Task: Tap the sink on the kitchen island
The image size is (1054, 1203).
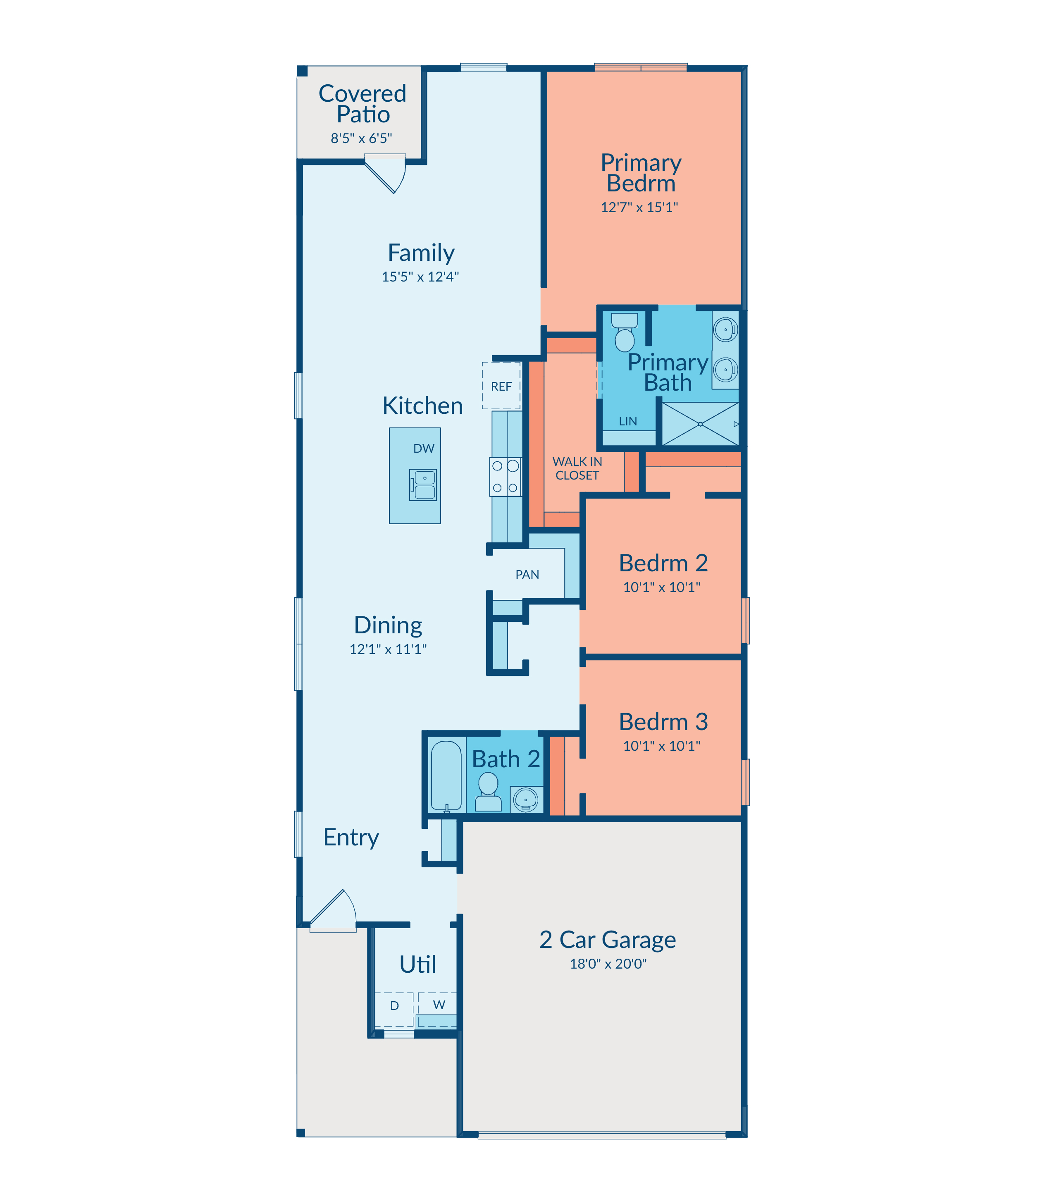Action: [423, 485]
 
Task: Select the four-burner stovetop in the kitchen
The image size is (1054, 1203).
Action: [505, 477]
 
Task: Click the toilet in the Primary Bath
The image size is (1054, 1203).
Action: [625, 332]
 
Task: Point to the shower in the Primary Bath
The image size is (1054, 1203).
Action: [700, 424]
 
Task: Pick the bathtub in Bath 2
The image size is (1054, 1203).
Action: [446, 776]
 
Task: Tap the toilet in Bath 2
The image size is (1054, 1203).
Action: [488, 792]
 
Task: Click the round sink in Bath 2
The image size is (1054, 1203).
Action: [526, 800]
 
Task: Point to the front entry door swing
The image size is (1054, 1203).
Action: [333, 909]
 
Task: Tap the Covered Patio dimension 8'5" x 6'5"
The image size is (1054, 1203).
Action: [361, 138]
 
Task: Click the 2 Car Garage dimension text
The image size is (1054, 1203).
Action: [608, 964]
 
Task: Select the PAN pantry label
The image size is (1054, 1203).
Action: [527, 574]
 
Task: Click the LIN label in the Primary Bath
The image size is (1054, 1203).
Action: [627, 421]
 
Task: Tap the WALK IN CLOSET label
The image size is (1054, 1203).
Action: [577, 468]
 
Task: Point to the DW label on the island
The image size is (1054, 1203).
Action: [424, 448]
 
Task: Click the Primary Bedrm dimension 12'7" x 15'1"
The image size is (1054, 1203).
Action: [639, 207]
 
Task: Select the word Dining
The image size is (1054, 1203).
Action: [388, 625]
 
